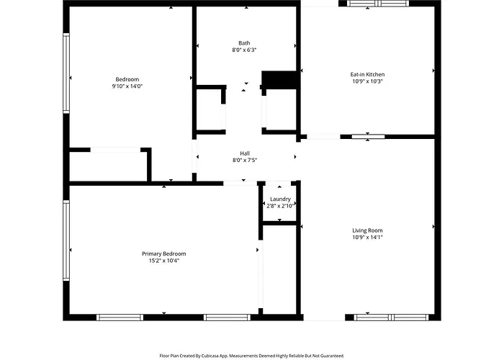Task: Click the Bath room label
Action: [244, 43]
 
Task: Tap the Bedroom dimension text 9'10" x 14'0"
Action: [127, 86]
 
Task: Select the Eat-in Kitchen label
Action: [367, 75]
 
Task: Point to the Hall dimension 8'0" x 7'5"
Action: [245, 160]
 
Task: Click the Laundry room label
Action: [280, 199]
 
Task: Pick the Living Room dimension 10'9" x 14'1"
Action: [367, 237]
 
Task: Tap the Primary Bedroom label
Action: [164, 254]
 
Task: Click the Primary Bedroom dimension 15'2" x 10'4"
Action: [164, 261]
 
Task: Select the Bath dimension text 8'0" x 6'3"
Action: [244, 50]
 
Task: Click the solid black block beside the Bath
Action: [279, 80]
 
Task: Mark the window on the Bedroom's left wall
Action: [66, 73]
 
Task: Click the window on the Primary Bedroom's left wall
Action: [66, 240]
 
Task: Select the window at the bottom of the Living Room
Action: [391, 318]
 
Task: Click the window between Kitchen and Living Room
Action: [368, 137]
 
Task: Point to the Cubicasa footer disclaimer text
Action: [252, 356]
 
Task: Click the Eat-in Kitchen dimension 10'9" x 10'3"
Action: [367, 81]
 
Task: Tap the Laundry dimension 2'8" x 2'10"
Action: [280, 206]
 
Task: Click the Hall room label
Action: [245, 153]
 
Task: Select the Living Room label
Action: [367, 230]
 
